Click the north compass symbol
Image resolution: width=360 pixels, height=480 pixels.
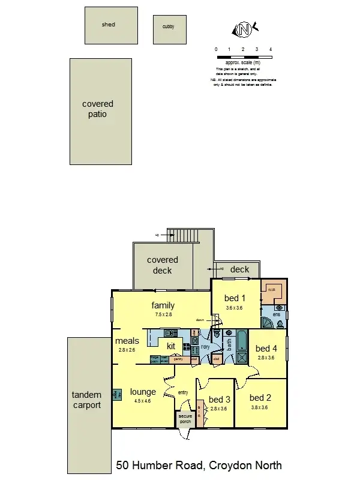point(244,29)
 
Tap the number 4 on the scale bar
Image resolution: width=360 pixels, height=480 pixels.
point(271,49)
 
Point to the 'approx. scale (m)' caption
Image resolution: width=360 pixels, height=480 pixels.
point(243,62)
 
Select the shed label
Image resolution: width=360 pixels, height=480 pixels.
point(109,25)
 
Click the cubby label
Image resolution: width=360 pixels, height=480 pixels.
point(169,27)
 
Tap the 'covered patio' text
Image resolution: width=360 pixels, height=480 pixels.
point(98,109)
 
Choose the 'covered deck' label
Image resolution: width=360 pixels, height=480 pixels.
point(163,265)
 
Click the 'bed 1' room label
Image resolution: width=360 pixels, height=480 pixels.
point(235,298)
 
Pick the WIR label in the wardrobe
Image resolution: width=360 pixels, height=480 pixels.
point(271,289)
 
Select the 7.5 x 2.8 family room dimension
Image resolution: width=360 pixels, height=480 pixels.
point(163,314)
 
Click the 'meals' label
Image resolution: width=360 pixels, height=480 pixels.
point(127,341)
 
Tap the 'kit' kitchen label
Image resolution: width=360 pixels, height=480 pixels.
point(171,346)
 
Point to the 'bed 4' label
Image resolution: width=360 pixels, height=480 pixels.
point(266,348)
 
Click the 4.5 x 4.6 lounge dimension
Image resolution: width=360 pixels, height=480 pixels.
point(143,401)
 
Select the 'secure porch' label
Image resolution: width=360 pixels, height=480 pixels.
point(185,418)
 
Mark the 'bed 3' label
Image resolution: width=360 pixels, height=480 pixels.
point(220,399)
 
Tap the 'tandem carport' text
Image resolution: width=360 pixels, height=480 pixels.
point(86,400)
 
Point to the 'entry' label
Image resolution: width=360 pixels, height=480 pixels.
point(183,392)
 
